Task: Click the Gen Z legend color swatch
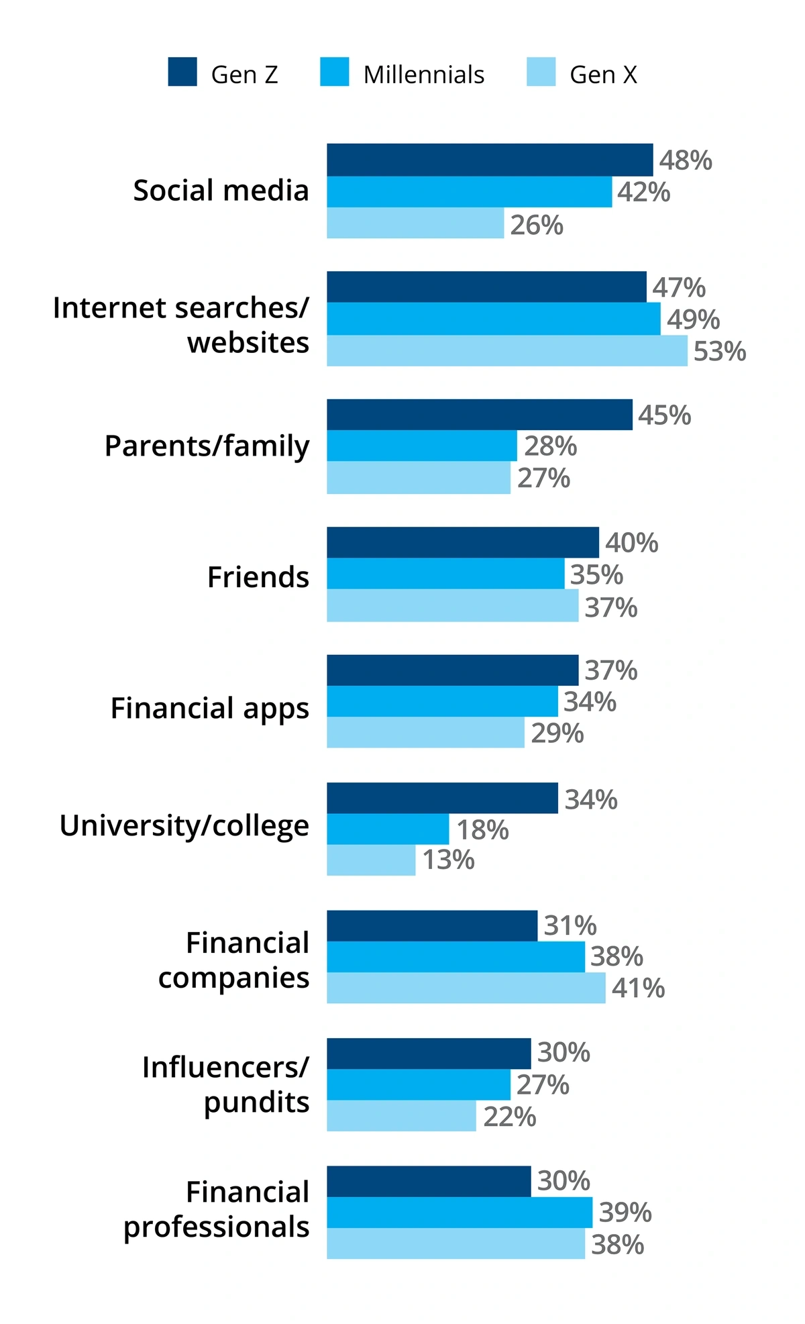(182, 72)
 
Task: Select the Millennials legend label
(423, 74)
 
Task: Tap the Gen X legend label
(603, 74)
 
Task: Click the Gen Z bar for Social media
(490, 160)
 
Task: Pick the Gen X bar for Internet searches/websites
(506, 350)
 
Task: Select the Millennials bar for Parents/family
(422, 446)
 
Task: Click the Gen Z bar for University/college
(442, 798)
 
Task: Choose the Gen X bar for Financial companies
(466, 988)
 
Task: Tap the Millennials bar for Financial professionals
(460, 1212)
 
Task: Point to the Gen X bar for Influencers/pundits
(401, 1115)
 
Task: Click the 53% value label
(720, 352)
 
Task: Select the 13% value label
(448, 860)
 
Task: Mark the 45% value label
(664, 415)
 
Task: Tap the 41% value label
(638, 988)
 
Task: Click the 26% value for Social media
(537, 225)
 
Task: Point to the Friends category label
(258, 577)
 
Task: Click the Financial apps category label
(210, 709)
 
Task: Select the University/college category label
(184, 826)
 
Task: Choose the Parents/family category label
(207, 446)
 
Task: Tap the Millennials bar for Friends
(445, 574)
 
